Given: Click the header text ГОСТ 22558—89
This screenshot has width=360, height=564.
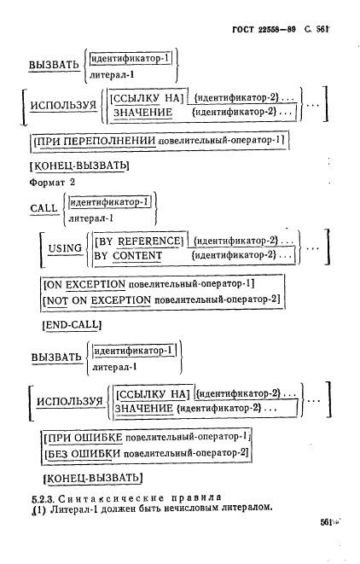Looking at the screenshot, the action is point(264,29).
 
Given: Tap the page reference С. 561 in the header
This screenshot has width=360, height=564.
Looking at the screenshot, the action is point(316,29).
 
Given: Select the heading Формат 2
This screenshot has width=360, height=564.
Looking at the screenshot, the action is point(52,183).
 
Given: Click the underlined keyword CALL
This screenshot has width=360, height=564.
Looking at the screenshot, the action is point(44,208).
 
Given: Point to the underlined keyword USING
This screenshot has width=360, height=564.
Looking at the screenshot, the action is point(65,248).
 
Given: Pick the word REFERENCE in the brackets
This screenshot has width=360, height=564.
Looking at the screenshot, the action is point(148,241).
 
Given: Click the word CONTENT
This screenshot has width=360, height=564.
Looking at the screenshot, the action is point(137,256).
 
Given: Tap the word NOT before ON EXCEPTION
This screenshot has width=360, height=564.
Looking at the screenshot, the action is point(57,300).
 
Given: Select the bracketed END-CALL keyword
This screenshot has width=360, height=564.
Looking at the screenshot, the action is point(72,325).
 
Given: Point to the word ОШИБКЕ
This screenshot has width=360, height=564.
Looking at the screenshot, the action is point(98,438).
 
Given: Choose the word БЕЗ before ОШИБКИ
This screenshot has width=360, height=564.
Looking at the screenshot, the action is point(57,453).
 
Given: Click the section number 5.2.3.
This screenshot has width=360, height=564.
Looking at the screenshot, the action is point(43,499).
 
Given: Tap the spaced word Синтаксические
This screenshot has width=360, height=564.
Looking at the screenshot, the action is point(111,498).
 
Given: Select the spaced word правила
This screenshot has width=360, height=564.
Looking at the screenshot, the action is point(196,497).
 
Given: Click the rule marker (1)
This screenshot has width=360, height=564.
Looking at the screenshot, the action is point(39,509).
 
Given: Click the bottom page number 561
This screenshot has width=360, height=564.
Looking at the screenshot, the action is point(326,522).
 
